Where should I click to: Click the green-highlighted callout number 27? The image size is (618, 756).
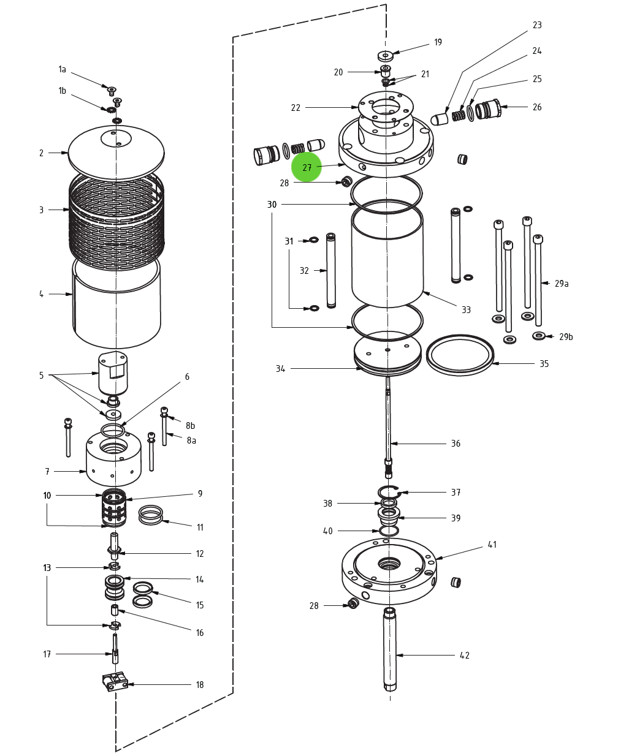[x=307, y=168]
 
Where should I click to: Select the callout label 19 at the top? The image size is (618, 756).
[x=438, y=42]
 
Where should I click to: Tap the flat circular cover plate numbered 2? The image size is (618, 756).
[x=116, y=153]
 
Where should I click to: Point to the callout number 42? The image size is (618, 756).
[x=465, y=656]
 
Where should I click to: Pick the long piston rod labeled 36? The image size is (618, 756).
[x=388, y=423]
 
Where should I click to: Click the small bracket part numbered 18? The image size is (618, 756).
[x=115, y=681]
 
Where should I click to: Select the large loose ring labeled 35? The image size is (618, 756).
[x=460, y=355]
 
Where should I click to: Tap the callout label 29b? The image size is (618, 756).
[x=566, y=337]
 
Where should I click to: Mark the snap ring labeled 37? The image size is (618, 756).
[x=388, y=491]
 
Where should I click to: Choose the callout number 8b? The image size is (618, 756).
[x=191, y=426]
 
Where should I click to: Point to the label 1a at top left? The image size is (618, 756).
[x=62, y=70]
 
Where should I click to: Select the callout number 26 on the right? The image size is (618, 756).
[x=537, y=107]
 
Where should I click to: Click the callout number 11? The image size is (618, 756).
[x=200, y=527]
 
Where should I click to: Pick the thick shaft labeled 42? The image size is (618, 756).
[x=390, y=649]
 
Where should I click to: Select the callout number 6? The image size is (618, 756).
[x=187, y=377]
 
